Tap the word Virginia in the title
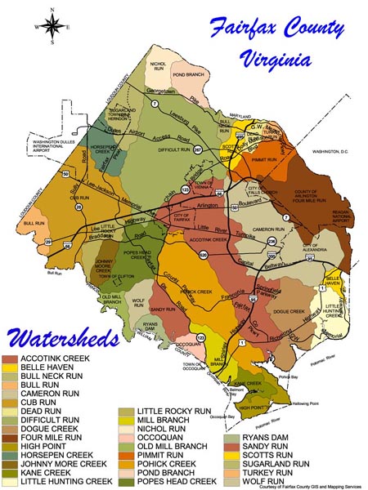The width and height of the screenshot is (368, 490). [276, 59]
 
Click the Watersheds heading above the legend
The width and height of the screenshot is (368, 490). [63, 337]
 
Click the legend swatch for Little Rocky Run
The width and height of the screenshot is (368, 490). [127, 412]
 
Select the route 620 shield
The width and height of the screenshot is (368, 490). [210, 256]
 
